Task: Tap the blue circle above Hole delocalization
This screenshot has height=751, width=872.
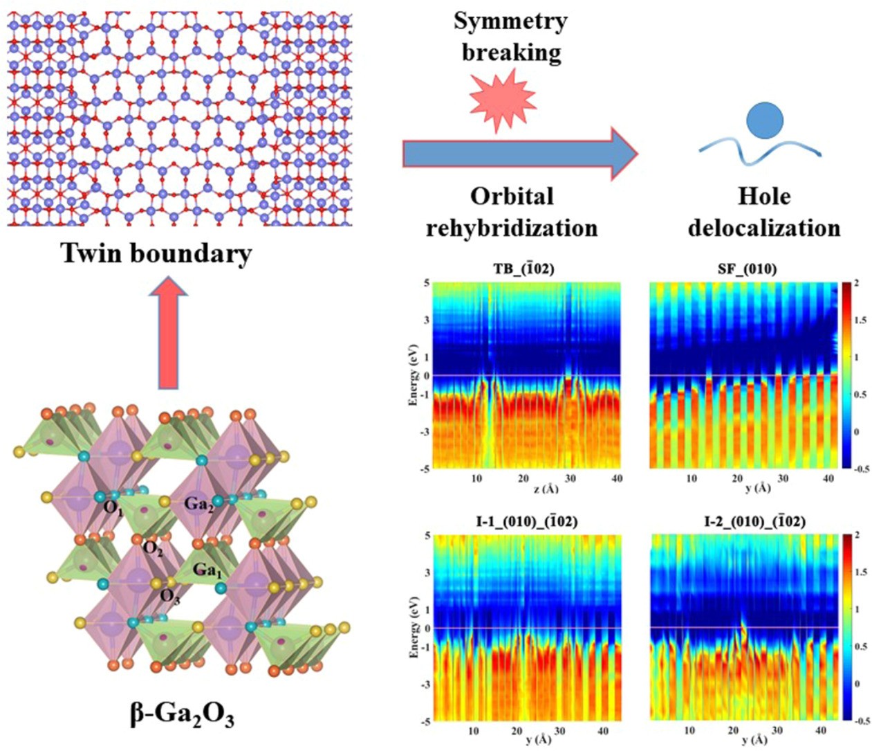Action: point(764,120)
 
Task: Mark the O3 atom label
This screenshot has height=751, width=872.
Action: point(170,597)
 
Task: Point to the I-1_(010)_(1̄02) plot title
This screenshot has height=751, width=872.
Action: point(525,522)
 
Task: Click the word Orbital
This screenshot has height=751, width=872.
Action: point(512,197)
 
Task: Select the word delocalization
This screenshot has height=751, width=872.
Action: point(763,228)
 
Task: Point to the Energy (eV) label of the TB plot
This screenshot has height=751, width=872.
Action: point(413,374)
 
